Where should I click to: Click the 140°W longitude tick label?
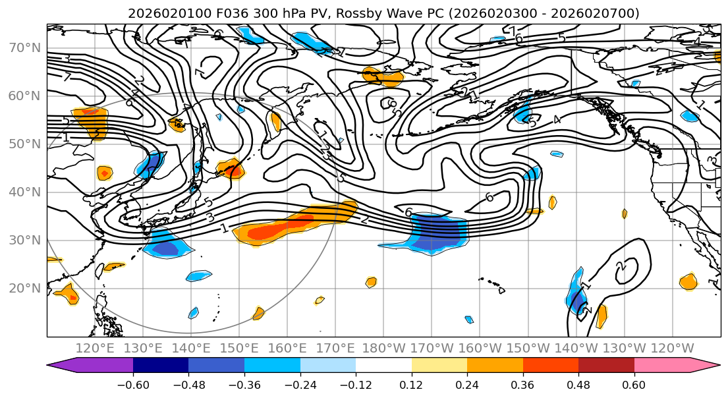click(576, 349)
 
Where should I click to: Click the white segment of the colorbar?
click(383, 365)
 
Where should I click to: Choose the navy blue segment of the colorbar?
click(161, 365)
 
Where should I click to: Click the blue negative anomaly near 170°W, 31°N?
click(437, 235)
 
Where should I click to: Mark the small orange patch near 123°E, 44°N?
click(104, 173)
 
